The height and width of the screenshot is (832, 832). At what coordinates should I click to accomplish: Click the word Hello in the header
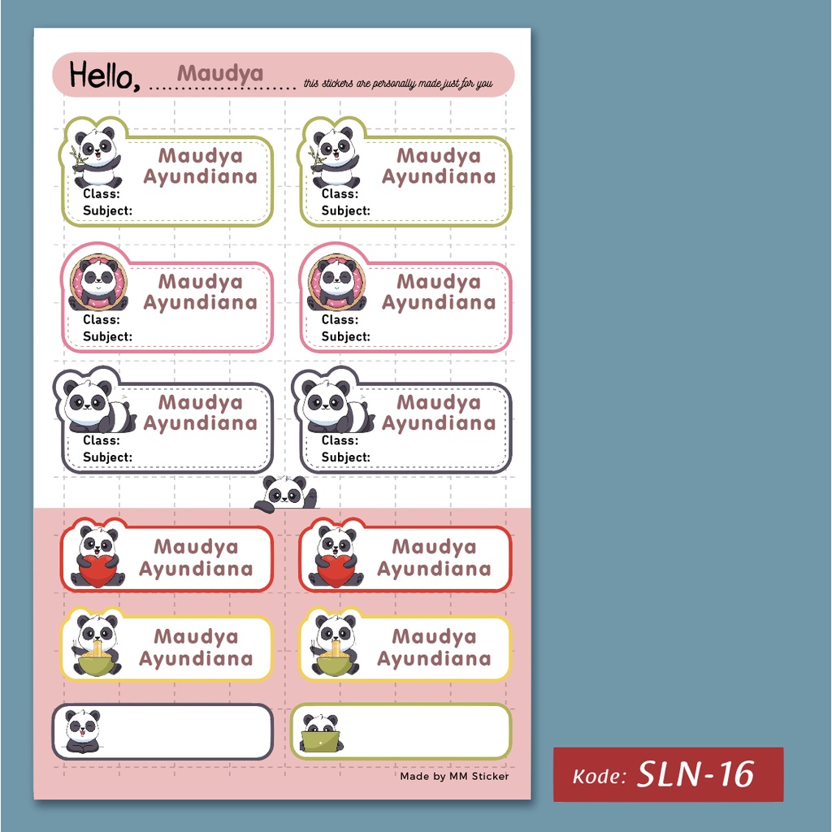102,76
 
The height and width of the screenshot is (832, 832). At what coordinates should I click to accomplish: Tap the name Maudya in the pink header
220,73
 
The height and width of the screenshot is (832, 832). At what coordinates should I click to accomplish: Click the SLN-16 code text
695,774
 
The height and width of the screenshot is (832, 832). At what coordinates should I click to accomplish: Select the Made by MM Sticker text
454,776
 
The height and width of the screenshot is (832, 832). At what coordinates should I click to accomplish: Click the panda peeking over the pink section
285,493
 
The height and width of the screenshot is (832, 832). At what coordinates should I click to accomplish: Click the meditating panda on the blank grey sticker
82,730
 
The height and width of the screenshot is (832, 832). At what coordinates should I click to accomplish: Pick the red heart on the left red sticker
97,570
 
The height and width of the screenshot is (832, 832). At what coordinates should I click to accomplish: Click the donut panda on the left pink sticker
98,283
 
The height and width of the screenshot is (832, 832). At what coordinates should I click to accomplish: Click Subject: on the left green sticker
107,210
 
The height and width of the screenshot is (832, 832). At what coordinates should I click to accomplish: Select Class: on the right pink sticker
340,319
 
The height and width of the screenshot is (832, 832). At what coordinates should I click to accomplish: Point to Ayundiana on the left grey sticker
200,423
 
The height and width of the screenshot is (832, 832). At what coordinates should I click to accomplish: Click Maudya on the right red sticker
434,547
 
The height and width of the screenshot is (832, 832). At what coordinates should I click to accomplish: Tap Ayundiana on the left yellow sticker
196,659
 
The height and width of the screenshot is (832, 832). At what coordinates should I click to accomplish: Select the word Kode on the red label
599,777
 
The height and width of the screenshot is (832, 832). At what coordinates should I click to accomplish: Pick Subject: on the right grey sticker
345,457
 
